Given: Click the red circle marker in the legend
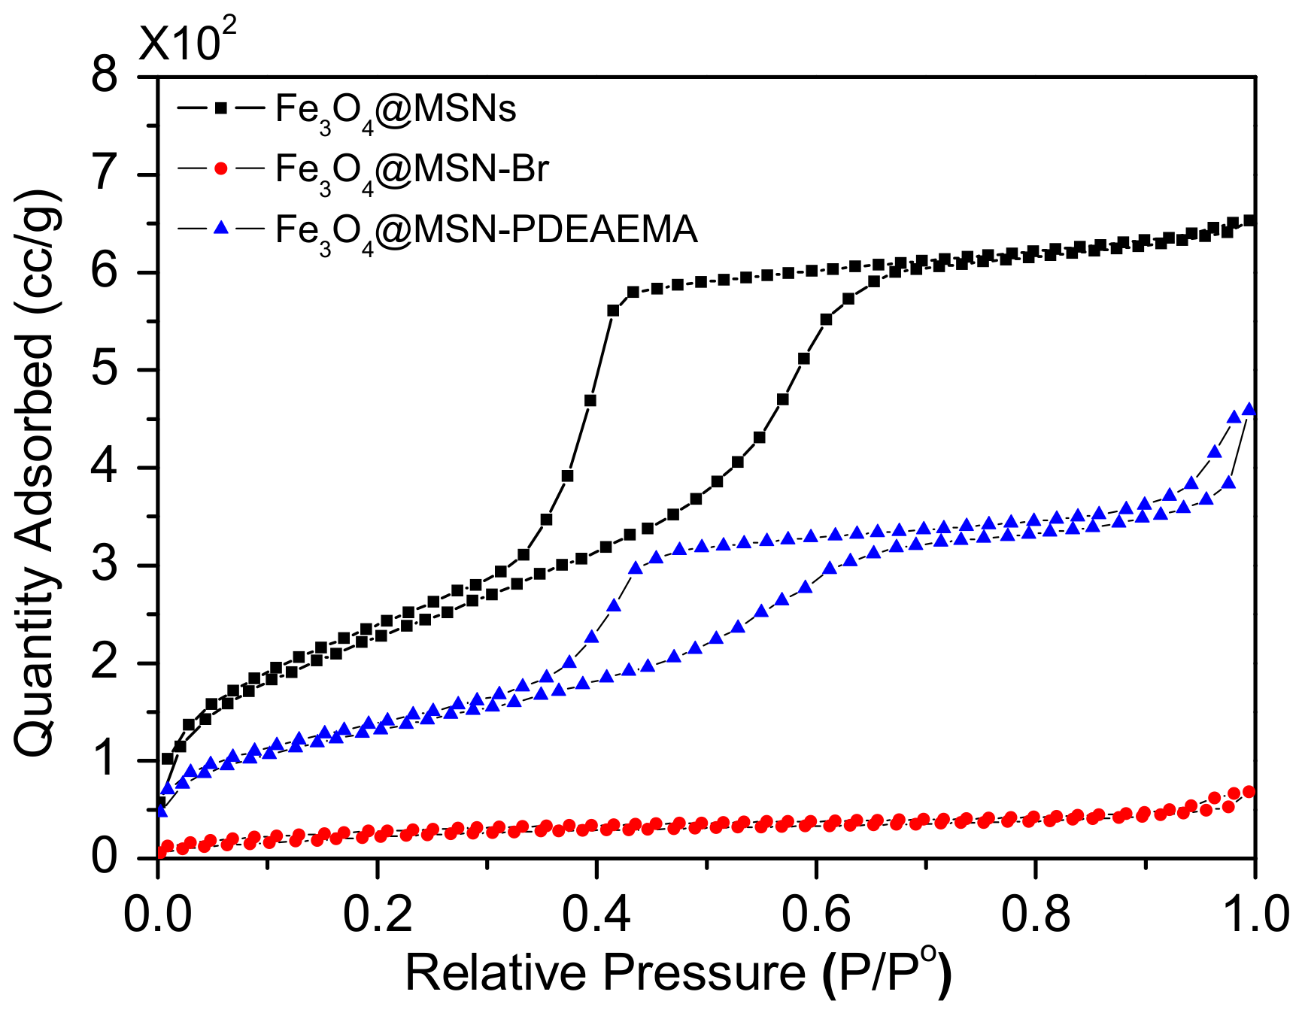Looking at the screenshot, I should point(220,168).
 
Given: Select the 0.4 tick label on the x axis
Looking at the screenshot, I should point(596,915).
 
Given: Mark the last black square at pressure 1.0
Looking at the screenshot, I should point(1249,220).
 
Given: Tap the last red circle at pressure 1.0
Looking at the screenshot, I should point(1249,792).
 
